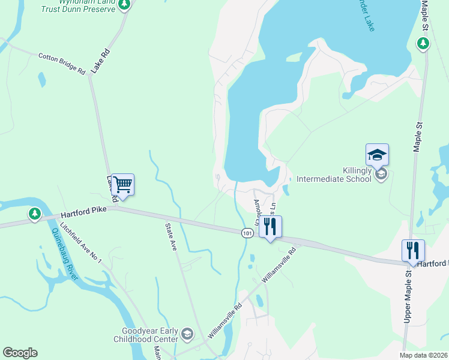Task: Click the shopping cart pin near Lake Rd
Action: click(x=122, y=184)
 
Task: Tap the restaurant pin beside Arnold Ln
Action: click(x=270, y=227)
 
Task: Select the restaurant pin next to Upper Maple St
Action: click(x=413, y=250)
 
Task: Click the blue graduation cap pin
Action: click(x=377, y=155)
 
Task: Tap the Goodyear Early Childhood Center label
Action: click(x=149, y=335)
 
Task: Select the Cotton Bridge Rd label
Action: click(x=62, y=63)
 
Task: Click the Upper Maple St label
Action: click(x=408, y=296)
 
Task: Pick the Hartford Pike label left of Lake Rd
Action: click(x=82, y=215)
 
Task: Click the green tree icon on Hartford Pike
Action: click(x=35, y=213)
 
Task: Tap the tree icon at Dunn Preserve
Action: click(x=124, y=5)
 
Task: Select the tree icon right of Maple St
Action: click(x=423, y=43)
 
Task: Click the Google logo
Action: click(x=20, y=353)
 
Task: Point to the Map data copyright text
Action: click(x=423, y=355)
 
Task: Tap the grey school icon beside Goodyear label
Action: click(x=187, y=334)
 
